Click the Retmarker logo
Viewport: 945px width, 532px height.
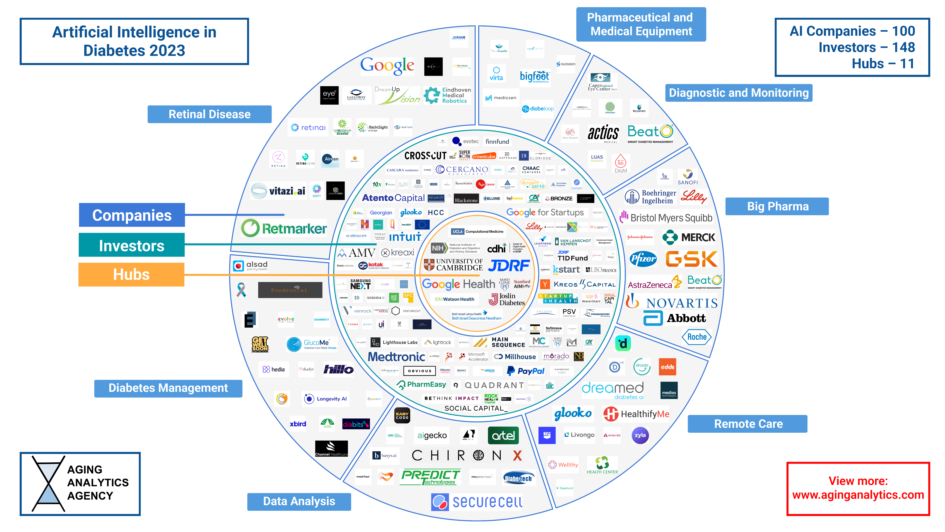point(284,228)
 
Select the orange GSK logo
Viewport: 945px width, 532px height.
point(691,259)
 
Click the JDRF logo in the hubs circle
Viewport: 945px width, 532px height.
point(509,266)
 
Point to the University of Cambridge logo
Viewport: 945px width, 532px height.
point(453,264)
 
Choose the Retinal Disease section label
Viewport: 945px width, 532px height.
point(209,114)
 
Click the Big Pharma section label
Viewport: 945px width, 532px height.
point(777,206)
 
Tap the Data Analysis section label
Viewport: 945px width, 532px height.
point(299,501)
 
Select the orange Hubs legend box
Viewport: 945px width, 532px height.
point(131,275)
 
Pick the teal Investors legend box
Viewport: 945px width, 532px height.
point(131,245)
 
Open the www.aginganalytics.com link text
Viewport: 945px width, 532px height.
point(858,495)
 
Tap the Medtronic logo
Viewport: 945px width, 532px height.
point(396,357)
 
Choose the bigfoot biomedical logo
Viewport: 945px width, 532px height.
point(535,76)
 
